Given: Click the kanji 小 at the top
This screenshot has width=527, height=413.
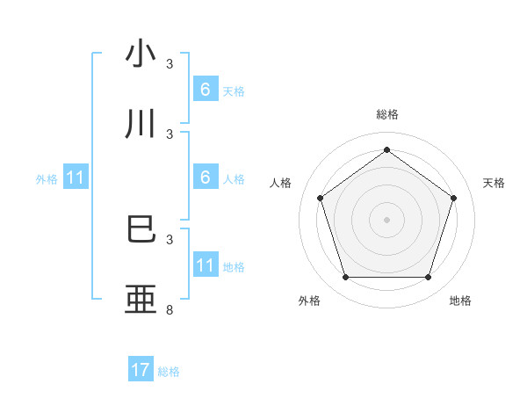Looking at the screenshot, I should (141, 54).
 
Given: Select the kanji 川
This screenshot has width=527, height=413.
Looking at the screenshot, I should (141, 124).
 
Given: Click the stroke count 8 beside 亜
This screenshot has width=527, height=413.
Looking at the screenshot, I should (170, 310).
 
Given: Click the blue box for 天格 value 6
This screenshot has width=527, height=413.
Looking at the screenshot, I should (205, 90).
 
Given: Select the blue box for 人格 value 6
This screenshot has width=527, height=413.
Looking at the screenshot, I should (205, 178).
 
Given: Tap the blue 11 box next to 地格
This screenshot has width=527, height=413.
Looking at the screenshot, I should (205, 265).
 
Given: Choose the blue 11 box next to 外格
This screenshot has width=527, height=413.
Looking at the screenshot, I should (75, 178).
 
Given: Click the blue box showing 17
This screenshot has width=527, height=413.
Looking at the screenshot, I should (141, 371).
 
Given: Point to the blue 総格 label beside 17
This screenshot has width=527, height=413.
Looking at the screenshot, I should (169, 372).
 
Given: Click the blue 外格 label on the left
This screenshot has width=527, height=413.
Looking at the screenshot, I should (47, 178).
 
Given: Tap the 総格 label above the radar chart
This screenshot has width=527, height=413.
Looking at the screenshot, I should (386, 114).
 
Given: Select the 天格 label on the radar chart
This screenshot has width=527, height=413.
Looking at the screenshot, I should (495, 183).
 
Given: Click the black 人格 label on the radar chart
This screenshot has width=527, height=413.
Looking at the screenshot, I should (281, 183).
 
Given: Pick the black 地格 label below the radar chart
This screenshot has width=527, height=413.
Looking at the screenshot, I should (460, 301).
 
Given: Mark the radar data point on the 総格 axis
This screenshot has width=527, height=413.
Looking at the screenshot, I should (386, 150).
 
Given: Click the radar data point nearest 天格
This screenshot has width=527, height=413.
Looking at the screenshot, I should (453, 198).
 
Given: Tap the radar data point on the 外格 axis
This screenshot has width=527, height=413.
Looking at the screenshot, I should (345, 278).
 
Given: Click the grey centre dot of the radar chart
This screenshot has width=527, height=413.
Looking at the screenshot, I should (386, 220).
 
